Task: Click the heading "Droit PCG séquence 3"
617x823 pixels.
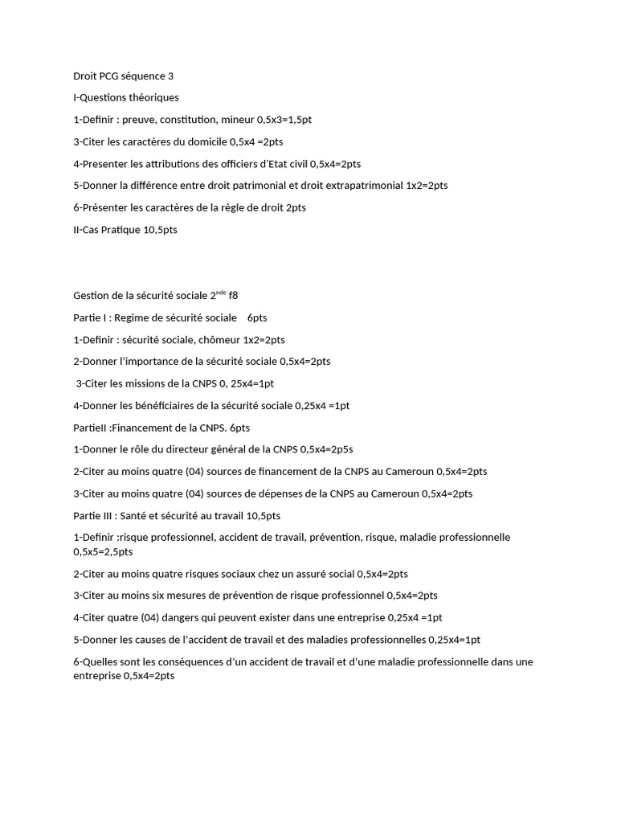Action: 123,76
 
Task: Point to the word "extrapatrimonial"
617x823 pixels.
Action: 359,186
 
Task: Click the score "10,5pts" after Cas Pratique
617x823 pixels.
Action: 159,230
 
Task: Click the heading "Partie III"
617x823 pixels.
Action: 94,515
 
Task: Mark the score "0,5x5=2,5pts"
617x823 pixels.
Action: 103,552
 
